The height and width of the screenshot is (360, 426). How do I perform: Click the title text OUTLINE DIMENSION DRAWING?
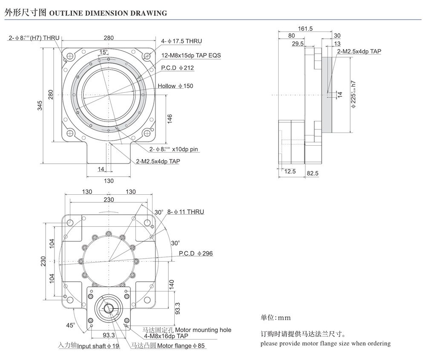tap(108, 13)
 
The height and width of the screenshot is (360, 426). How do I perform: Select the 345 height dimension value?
tap(40, 106)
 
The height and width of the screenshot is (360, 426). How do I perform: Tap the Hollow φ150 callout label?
tap(175, 86)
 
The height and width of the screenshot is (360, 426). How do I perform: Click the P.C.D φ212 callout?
tap(177, 68)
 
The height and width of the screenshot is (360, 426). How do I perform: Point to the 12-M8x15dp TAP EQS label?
tap(191, 55)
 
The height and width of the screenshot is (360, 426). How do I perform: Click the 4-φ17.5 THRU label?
tap(181, 41)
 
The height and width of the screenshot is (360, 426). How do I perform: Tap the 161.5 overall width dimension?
tap(305, 29)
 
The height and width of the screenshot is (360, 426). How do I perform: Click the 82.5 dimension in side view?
tap(312, 173)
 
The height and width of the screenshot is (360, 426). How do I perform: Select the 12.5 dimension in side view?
tap(290, 171)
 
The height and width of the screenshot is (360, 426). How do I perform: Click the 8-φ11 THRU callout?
tap(185, 212)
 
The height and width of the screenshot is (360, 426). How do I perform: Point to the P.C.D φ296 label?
tap(196, 253)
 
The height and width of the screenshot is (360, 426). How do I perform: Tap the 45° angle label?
tap(70, 325)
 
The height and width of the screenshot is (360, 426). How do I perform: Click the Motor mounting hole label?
tap(203, 330)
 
